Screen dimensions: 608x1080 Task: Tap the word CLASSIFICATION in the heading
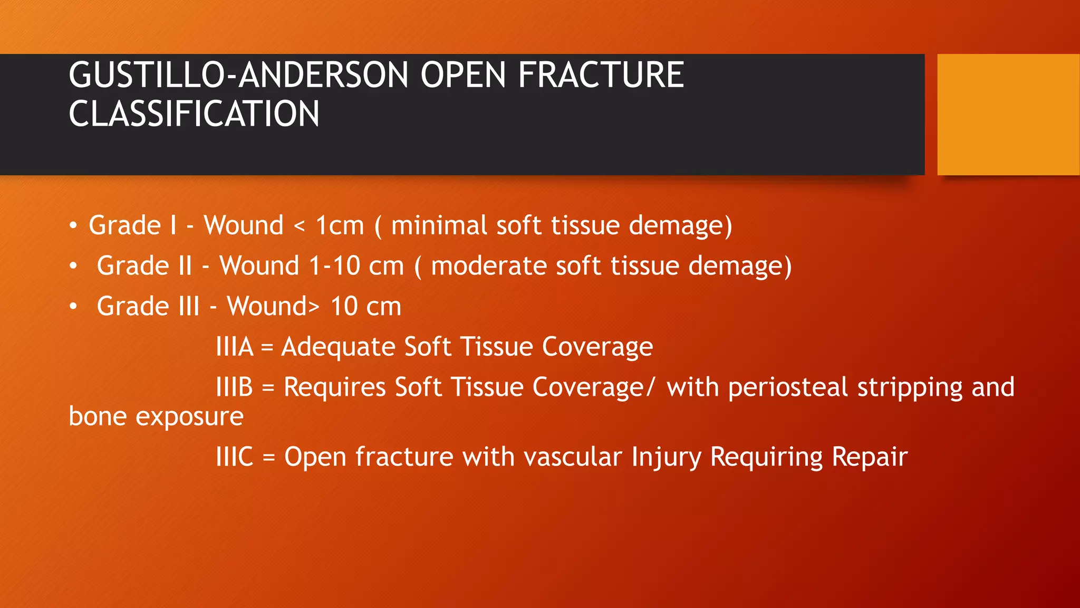[x=194, y=114]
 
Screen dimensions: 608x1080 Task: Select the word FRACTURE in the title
[x=601, y=75]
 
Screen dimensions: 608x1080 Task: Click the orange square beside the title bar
[x=1008, y=115]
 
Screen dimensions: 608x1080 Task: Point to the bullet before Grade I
[x=73, y=226]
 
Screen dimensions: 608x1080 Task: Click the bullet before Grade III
[x=73, y=307]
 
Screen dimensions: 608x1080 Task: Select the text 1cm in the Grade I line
[x=340, y=226]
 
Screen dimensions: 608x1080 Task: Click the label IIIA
[x=235, y=347]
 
